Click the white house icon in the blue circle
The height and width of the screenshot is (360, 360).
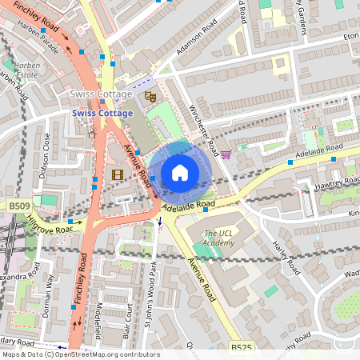(180, 172)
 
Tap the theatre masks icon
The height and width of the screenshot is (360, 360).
(148, 96)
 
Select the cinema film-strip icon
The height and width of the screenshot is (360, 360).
(118, 174)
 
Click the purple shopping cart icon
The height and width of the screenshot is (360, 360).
(226, 154)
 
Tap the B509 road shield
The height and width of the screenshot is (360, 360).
(19, 206)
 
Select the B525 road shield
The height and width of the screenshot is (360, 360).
(241, 348)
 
